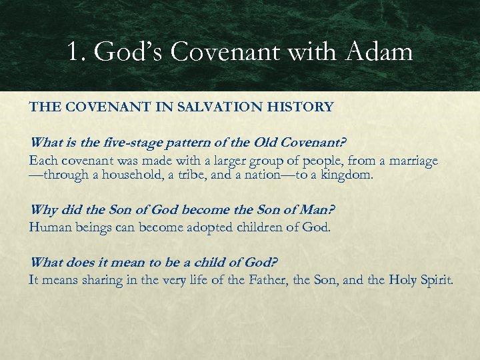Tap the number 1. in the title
pyautogui.click(x=77, y=52)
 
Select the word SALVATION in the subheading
pyautogui.click(x=219, y=107)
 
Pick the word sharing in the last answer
pyautogui.click(x=103, y=280)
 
